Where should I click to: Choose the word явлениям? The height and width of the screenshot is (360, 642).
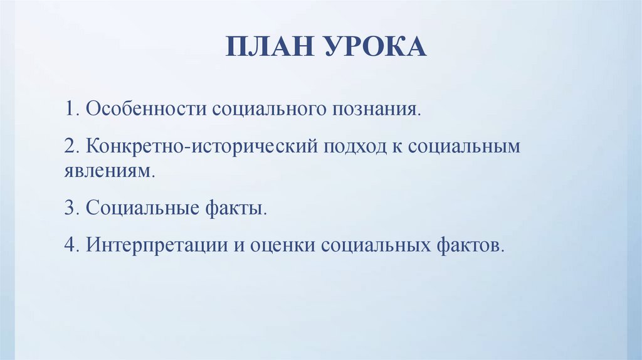(107, 171)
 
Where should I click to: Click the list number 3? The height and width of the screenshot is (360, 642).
(68, 207)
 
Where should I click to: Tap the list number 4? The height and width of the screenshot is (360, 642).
(68, 243)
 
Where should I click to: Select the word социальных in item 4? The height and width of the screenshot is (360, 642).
(375, 243)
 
